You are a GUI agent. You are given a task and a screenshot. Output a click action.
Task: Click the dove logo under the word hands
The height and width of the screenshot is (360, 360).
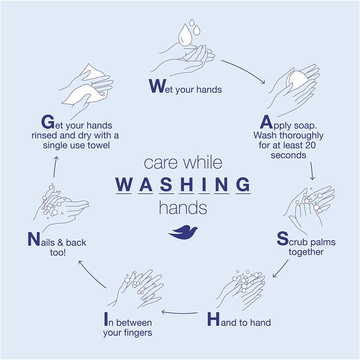point(183,232)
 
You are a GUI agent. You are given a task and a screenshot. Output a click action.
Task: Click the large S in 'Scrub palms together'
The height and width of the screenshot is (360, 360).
point(283,238)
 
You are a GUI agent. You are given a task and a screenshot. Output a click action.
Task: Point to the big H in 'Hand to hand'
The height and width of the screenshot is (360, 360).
point(213,319)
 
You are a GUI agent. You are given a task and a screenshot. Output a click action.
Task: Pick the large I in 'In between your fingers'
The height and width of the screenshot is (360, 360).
point(106,319)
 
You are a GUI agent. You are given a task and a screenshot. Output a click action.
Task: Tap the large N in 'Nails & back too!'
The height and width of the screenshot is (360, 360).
point(34,239)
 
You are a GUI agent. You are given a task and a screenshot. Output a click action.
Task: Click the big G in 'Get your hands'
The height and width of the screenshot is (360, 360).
point(48,122)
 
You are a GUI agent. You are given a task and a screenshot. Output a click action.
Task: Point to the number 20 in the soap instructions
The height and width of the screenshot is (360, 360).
point(310,145)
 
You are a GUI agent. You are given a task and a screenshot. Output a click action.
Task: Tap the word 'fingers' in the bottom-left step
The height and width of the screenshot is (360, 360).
point(139,333)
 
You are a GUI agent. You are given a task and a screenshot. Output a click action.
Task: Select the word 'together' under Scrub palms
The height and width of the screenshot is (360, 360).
point(306,252)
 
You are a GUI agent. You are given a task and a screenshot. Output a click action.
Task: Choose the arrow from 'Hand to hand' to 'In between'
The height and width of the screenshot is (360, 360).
point(180,313)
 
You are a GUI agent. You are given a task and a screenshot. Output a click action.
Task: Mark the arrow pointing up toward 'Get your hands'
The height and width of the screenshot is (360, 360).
point(55,167)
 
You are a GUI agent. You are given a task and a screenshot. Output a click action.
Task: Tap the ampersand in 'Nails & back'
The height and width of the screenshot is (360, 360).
point(60,243)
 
